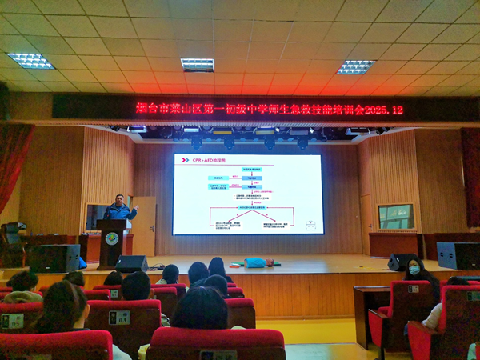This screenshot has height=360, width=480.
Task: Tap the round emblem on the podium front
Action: [x=111, y=238]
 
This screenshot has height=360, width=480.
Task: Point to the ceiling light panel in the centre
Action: [x=197, y=64]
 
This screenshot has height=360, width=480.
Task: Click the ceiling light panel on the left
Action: [x=30, y=60]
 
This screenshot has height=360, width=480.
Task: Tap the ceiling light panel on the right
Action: [x=355, y=66]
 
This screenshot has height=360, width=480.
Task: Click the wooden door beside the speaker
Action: [x=144, y=226]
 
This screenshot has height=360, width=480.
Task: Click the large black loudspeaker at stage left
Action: [x=54, y=258]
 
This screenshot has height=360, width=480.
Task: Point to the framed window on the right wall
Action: [x=395, y=216]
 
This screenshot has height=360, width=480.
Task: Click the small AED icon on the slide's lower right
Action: [x=310, y=226]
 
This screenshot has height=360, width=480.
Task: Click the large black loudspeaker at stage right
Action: [x=458, y=255]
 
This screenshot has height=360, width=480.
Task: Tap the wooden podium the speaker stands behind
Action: [x=112, y=242]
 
